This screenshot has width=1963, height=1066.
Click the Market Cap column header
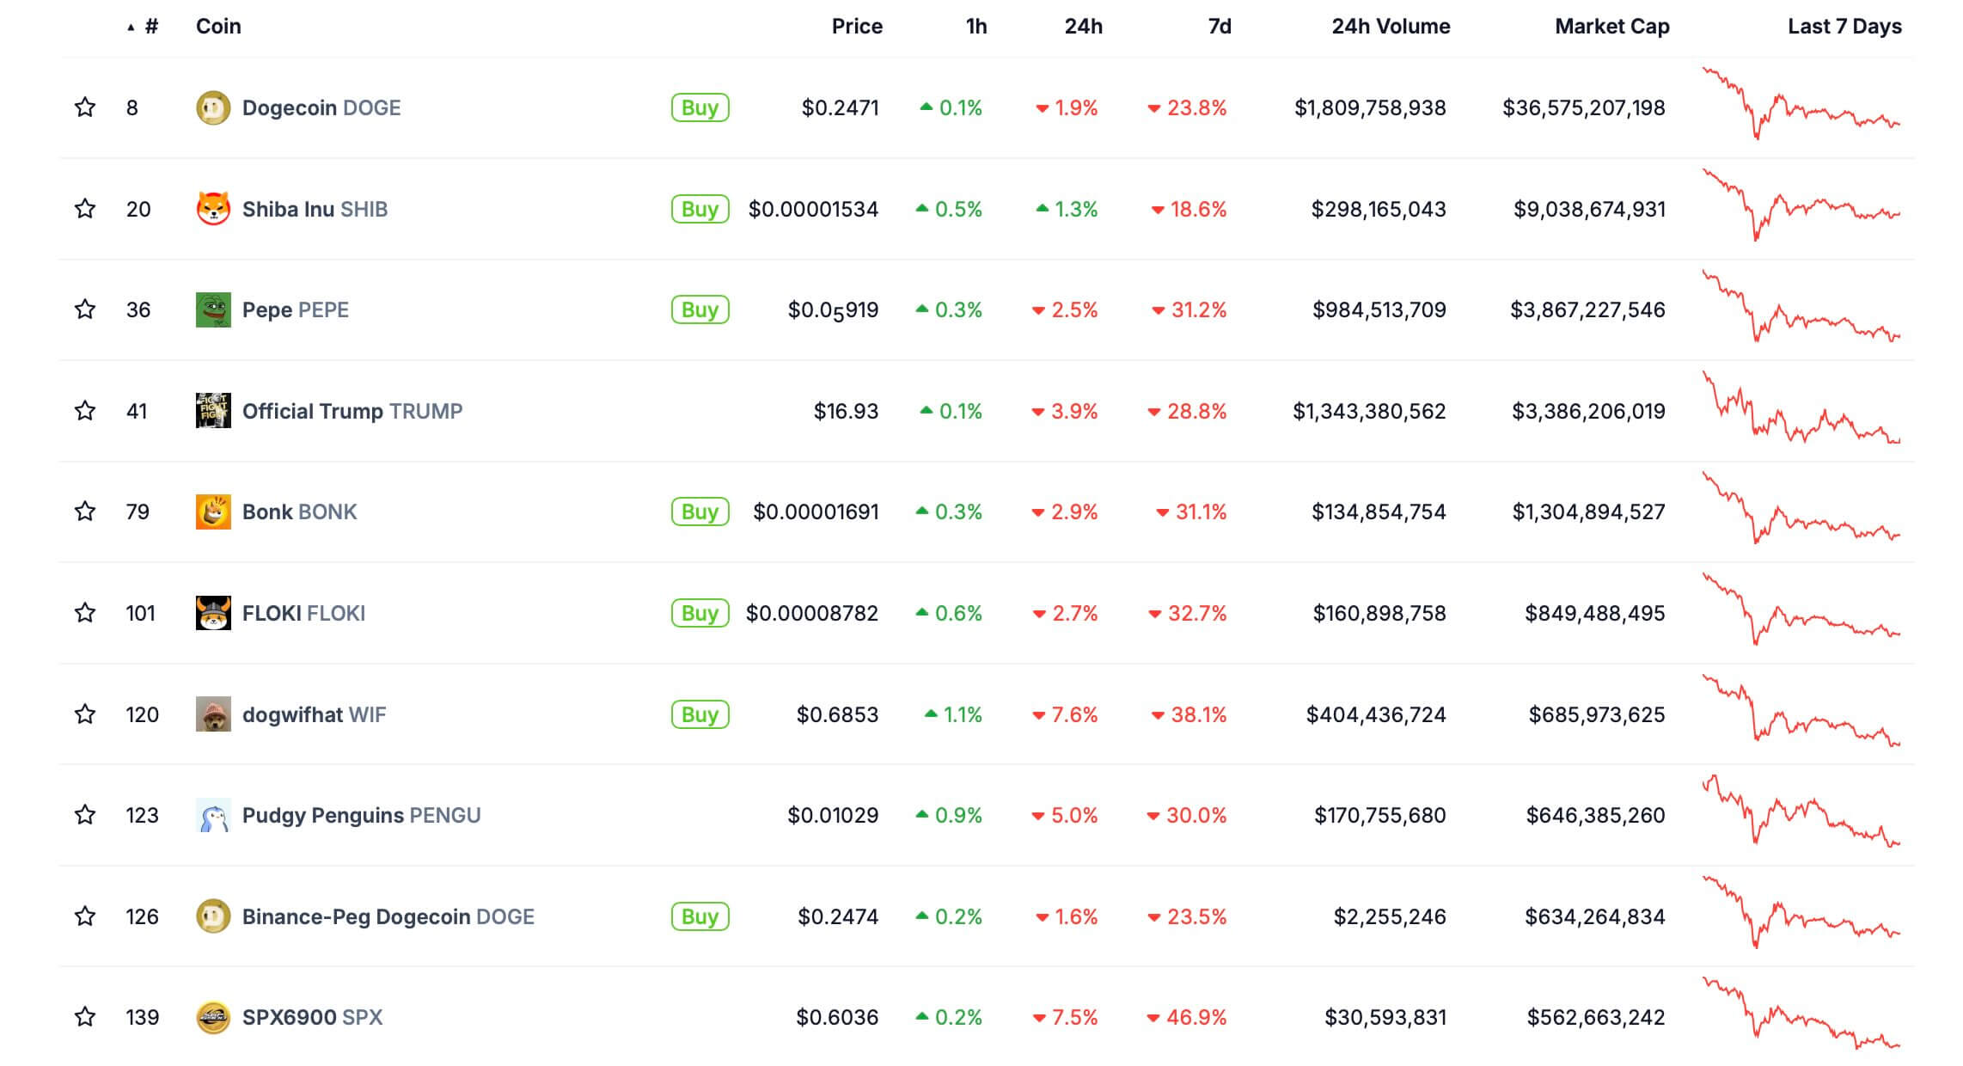coord(1611,27)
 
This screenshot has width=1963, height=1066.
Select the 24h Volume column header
coord(1391,27)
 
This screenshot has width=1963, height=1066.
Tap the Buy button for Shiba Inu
coord(700,209)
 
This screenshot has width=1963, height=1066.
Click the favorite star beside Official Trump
coord(85,411)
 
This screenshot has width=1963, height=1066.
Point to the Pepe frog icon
coord(213,310)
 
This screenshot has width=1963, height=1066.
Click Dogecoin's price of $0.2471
coord(840,108)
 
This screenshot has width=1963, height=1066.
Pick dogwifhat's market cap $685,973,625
coord(1596,714)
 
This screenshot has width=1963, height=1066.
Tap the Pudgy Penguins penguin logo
coord(213,816)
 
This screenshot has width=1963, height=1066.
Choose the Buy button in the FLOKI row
coord(700,613)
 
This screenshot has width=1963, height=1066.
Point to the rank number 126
coord(142,916)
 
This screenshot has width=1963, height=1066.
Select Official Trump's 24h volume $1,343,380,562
coord(1369,411)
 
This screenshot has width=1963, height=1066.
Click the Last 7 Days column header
coord(1844,27)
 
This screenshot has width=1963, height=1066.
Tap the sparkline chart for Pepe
coord(1801,309)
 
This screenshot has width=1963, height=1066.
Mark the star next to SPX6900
coord(85,1017)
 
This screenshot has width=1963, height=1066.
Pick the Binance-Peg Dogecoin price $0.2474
coord(837,916)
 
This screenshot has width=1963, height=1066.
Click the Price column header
coord(856,27)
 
